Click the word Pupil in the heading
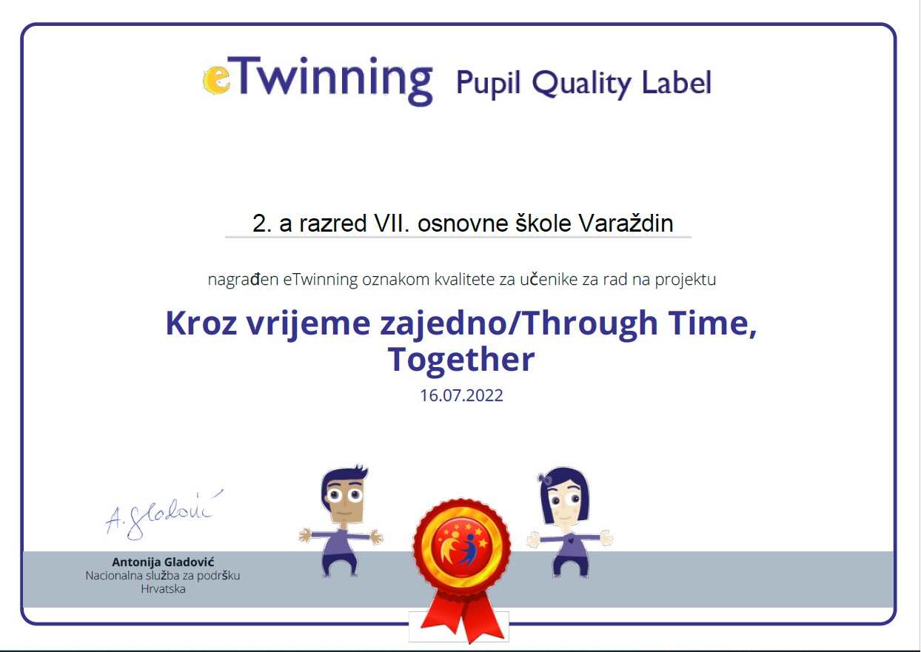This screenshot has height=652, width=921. [489, 84]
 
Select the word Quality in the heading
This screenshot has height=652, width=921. [581, 84]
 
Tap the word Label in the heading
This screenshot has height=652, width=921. [677, 83]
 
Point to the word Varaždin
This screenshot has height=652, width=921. [626, 223]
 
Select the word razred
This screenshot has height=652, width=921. [332, 224]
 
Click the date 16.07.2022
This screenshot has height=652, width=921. [461, 395]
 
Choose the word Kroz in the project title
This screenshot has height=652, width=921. [201, 323]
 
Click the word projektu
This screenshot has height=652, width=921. [686, 280]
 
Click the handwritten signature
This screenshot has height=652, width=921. [163, 515]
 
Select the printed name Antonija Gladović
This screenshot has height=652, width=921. [163, 562]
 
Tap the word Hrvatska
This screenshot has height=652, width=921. [163, 589]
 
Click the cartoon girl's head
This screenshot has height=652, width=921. [564, 497]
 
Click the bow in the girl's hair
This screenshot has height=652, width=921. [545, 479]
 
